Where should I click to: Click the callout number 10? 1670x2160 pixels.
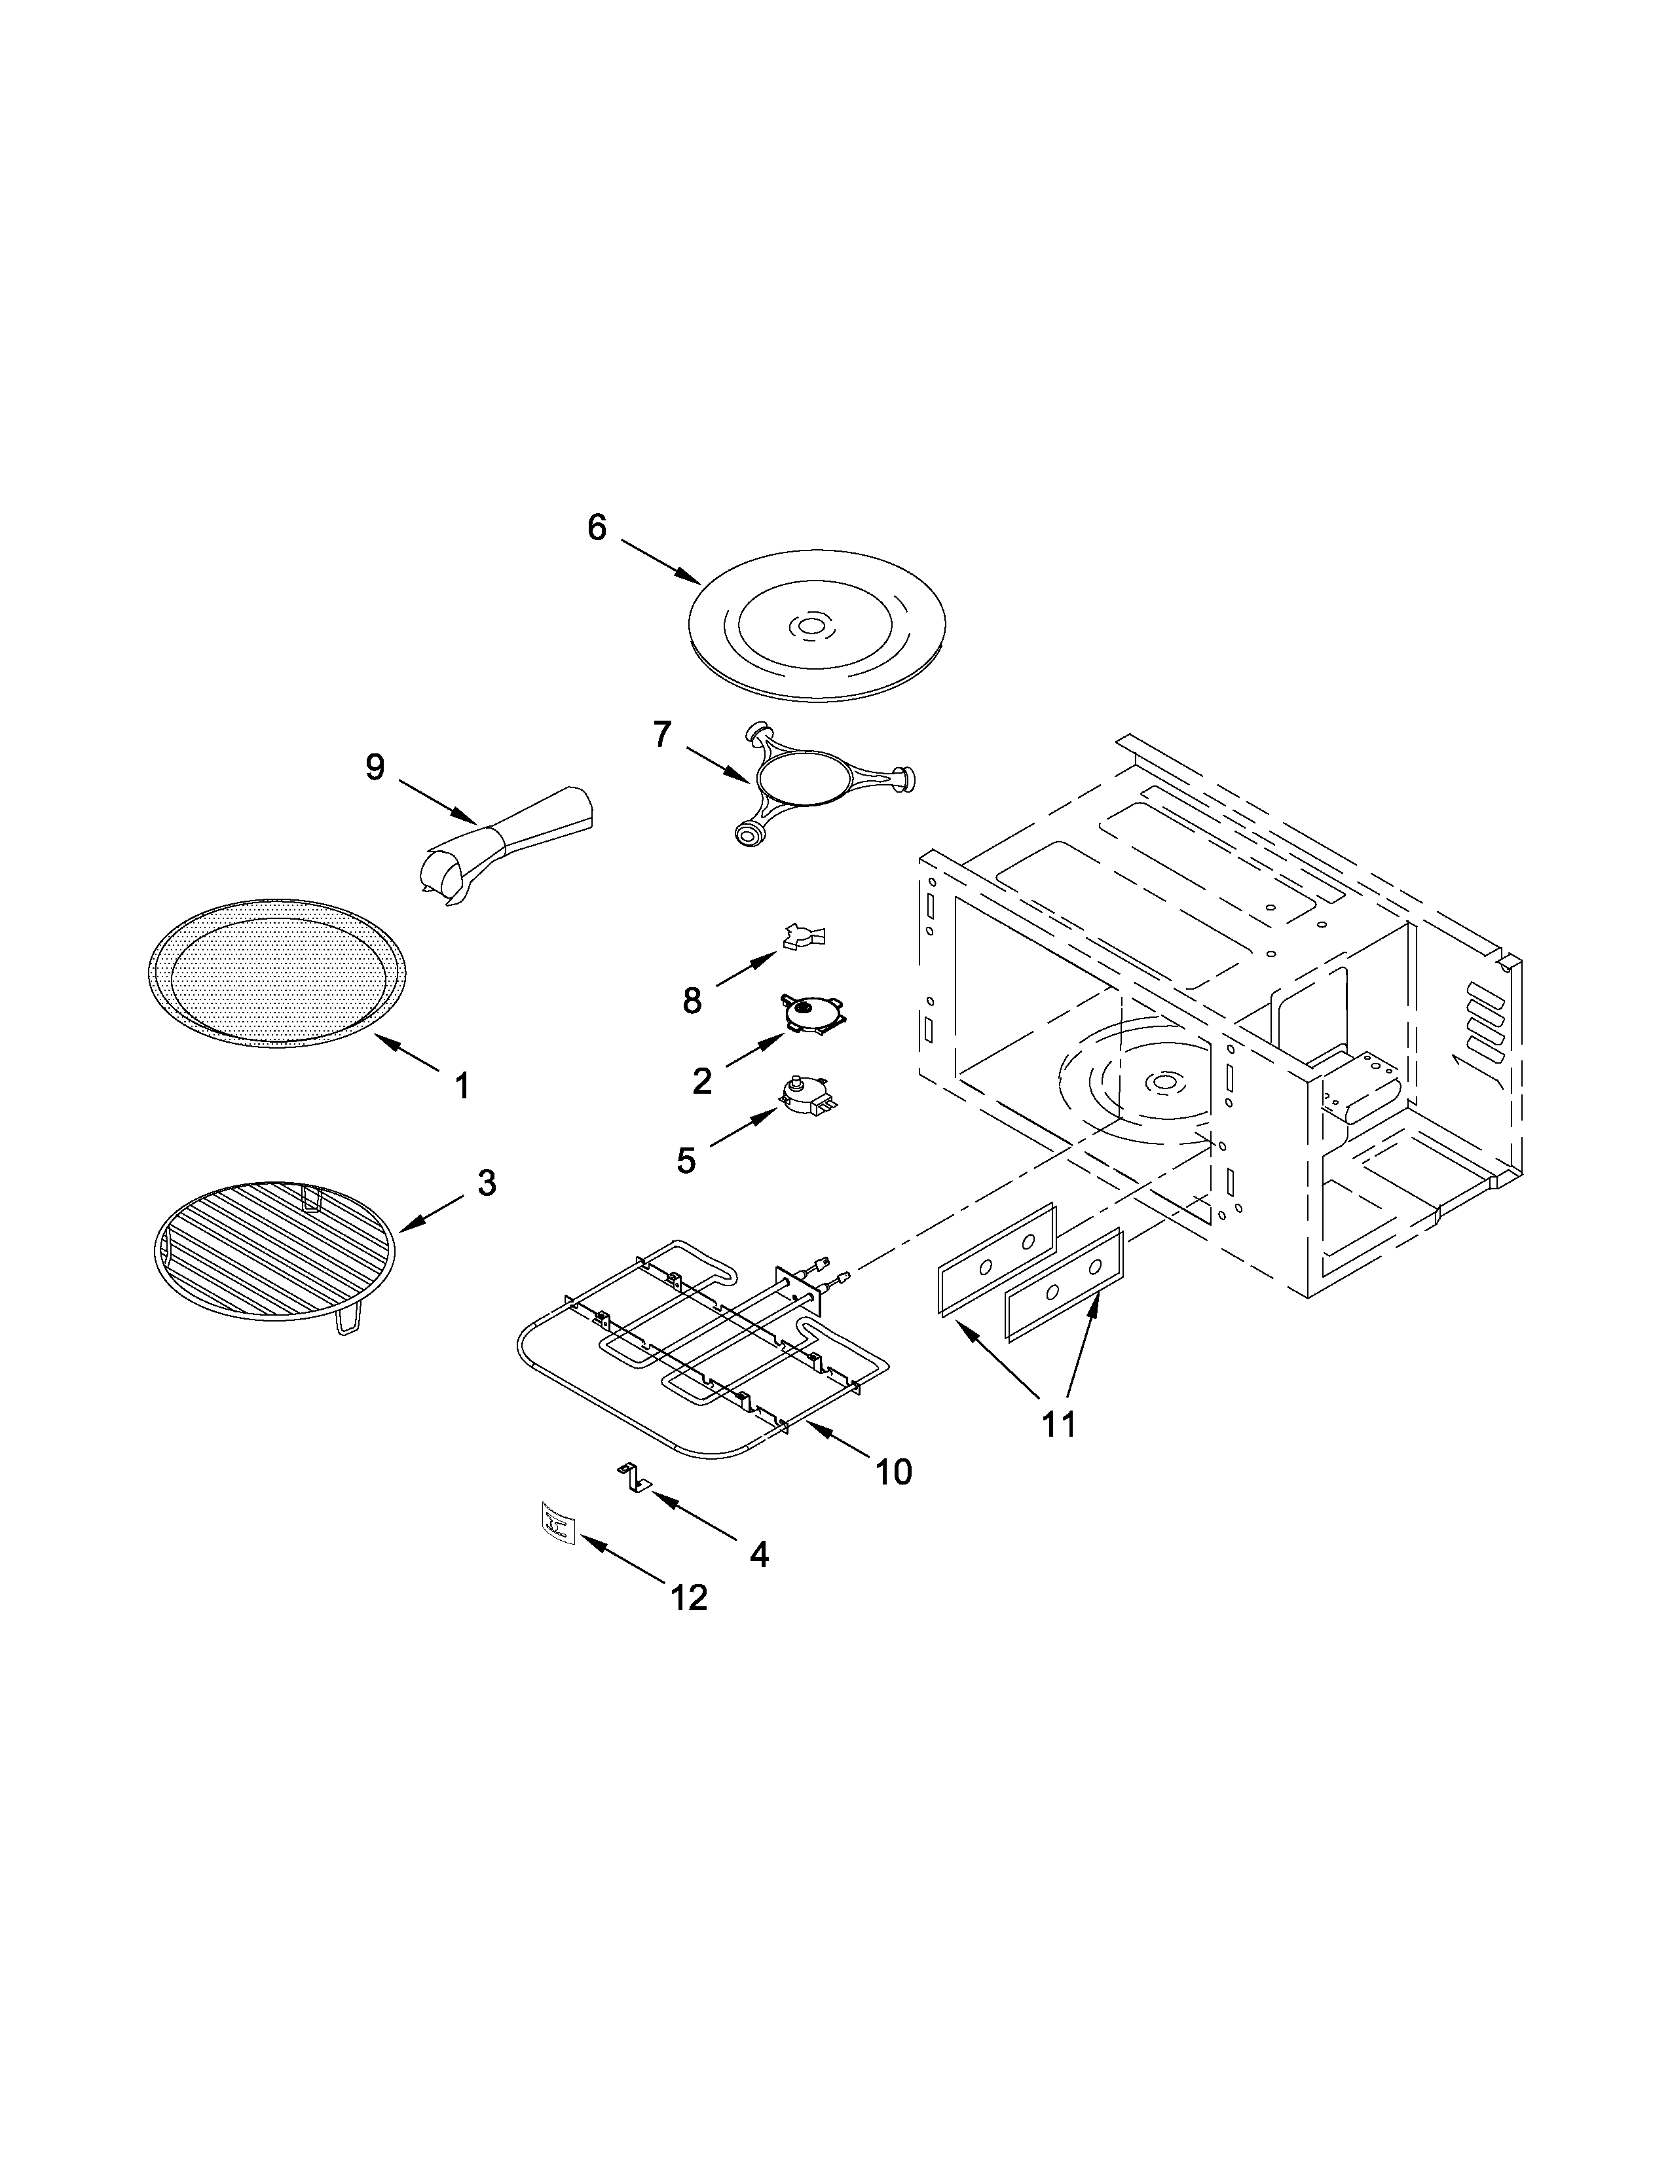click(x=893, y=1473)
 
